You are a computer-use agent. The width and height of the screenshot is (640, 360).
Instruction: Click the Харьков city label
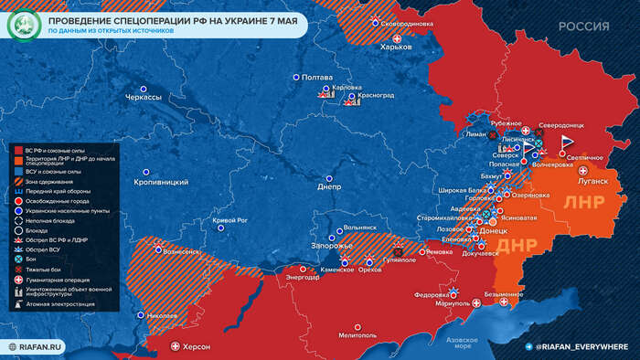point(397,47)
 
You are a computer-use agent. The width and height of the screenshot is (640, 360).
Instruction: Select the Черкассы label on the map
point(144,96)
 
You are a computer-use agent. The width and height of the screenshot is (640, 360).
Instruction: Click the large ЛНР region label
point(581,201)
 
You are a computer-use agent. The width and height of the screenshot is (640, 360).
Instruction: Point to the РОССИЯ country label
point(583,26)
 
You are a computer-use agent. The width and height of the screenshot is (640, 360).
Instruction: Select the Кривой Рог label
point(230,220)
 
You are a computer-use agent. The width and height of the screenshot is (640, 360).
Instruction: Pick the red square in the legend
point(17,149)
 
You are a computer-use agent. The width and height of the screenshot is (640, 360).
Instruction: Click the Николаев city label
point(161,315)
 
